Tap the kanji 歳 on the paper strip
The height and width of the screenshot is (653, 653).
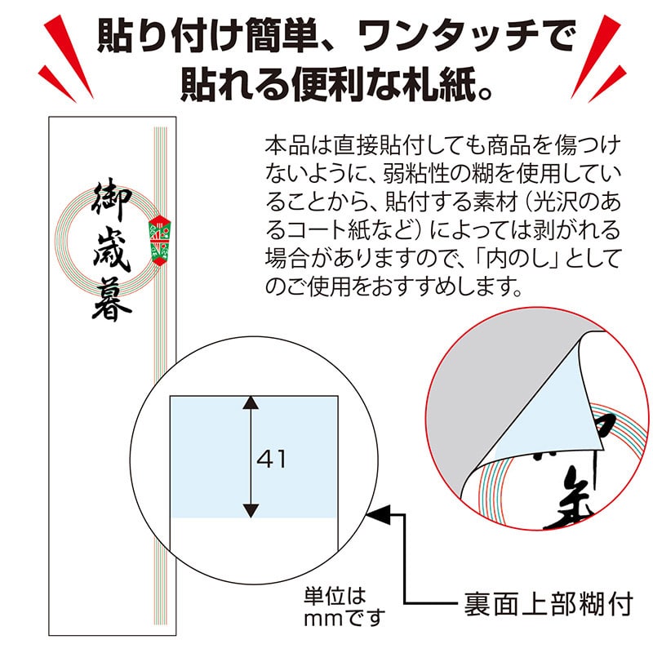point(104,249)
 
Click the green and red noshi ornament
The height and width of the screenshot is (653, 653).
point(159,241)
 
